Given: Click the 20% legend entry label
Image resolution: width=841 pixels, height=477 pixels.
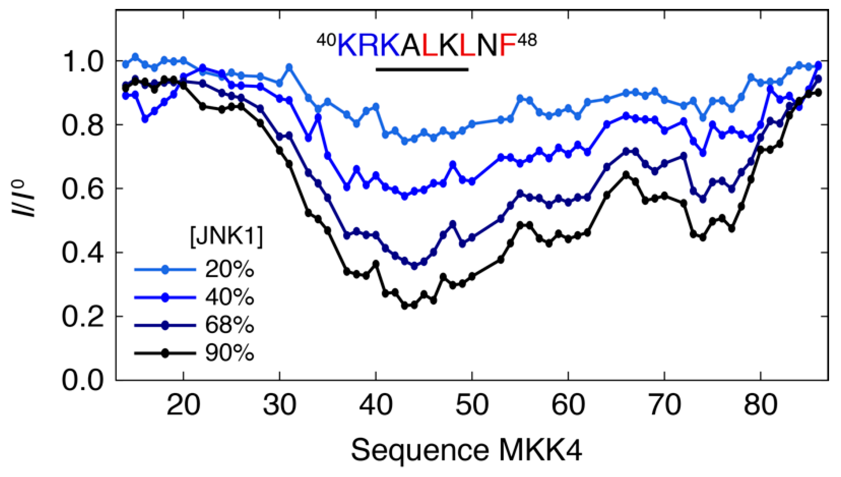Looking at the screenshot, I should click(229, 269).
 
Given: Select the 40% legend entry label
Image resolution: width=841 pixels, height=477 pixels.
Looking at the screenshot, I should click(229, 297).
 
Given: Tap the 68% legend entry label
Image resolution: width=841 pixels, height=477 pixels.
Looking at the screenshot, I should click(229, 325).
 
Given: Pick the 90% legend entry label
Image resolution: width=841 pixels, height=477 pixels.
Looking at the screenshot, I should click(229, 353).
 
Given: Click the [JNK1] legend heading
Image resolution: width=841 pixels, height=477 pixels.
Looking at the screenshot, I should click(226, 236).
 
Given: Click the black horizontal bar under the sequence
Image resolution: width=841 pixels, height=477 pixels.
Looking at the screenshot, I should click(422, 69).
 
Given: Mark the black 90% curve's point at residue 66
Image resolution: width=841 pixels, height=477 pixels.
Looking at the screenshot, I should click(626, 175).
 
